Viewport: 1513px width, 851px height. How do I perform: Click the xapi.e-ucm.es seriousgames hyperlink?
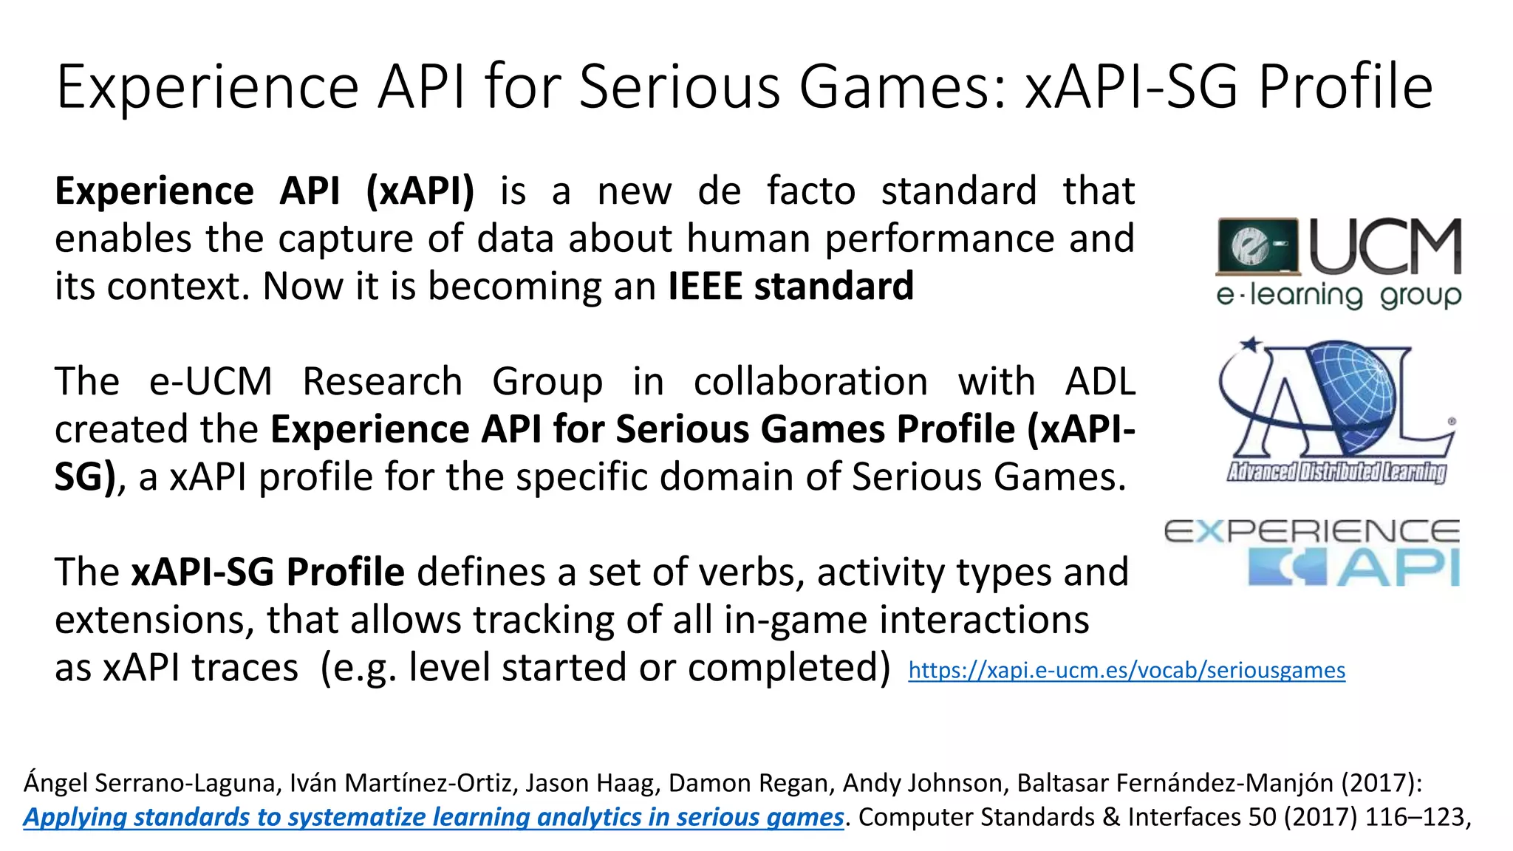(x=1126, y=671)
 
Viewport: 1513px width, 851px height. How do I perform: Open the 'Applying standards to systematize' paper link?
(x=433, y=817)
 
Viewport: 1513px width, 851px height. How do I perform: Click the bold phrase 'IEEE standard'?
(x=790, y=287)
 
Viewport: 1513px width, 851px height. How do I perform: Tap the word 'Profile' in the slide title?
(x=1345, y=87)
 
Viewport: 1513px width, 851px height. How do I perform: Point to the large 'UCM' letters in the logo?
(x=1386, y=247)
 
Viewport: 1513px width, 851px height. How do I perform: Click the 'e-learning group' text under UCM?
(x=1338, y=295)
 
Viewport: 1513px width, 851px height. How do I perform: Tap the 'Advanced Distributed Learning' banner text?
(x=1336, y=471)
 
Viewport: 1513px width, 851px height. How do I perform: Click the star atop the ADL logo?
(x=1251, y=344)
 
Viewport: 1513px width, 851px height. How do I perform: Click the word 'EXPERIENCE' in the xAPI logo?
(x=1311, y=531)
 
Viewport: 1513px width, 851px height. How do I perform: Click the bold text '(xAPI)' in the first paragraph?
(x=420, y=191)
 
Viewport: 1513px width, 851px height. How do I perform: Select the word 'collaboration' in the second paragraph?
(x=810, y=382)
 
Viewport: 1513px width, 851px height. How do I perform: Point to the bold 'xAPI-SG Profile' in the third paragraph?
(x=267, y=573)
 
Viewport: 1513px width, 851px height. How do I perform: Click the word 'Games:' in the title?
(x=902, y=87)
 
